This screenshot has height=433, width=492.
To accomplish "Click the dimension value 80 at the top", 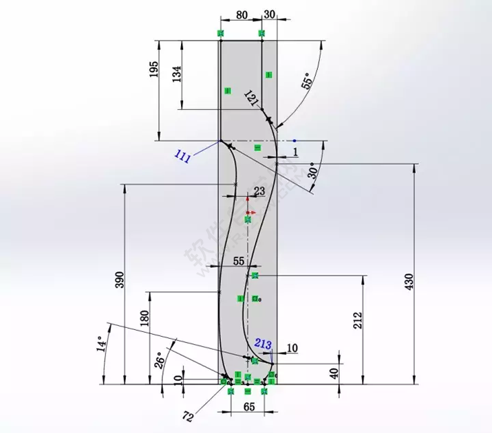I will tap(241, 14).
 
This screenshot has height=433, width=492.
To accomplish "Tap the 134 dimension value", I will tap(177, 74).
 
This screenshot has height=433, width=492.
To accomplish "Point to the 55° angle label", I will tap(307, 82).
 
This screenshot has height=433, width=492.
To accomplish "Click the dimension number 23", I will tap(259, 190).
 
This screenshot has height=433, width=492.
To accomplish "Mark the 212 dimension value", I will tap(358, 320).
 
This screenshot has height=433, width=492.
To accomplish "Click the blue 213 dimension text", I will tap(262, 343).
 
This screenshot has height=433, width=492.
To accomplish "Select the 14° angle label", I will tap(101, 344).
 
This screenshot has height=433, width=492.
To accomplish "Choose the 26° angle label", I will tap(158, 361).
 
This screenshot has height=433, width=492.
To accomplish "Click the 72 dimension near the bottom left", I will tap(188, 416).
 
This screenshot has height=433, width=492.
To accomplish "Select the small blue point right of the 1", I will tap(295, 140).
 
